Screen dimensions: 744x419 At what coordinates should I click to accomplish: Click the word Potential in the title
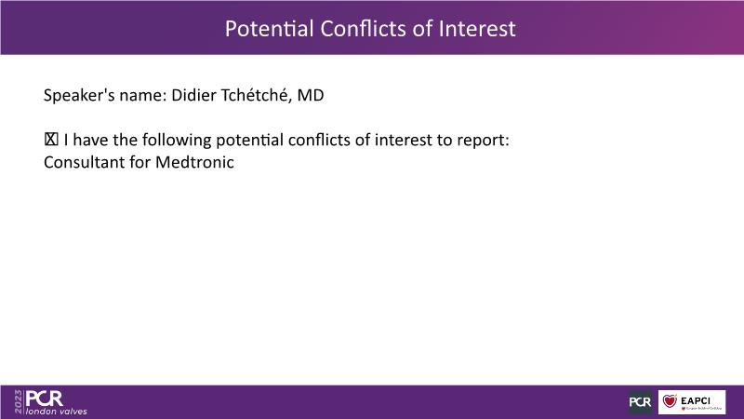click(269, 29)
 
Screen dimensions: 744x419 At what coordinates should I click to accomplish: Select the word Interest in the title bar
click(477, 29)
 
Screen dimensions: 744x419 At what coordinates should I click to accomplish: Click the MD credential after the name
click(311, 96)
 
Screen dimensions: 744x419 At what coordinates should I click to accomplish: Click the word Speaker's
click(79, 96)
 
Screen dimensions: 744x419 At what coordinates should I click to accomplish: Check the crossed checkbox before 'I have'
click(51, 140)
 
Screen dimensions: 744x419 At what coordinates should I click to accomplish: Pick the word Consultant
click(84, 162)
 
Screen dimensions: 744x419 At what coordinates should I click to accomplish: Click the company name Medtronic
click(194, 162)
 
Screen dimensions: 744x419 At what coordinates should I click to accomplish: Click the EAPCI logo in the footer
click(692, 402)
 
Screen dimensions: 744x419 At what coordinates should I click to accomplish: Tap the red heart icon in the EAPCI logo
click(670, 401)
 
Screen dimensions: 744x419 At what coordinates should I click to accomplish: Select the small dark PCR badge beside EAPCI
click(640, 402)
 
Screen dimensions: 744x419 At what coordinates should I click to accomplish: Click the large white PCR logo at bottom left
click(44, 399)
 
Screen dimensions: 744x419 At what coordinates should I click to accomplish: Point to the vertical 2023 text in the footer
click(19, 402)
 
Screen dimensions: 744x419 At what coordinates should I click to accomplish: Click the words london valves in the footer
click(57, 412)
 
